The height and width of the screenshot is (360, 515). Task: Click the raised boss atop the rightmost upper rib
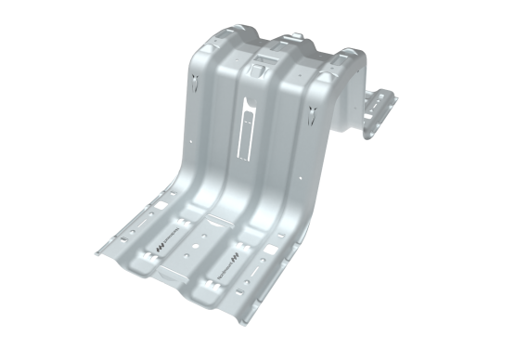(x=344, y=57)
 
